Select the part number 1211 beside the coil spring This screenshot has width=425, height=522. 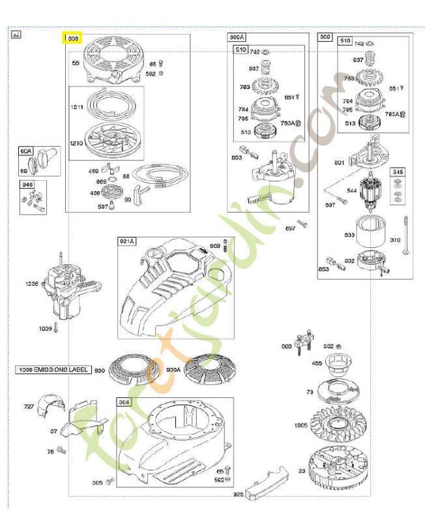click(78, 106)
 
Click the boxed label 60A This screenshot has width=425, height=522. click(26, 151)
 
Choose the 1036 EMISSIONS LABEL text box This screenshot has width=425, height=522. click(51, 369)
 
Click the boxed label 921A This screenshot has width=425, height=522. click(126, 241)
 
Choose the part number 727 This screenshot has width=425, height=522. click(29, 407)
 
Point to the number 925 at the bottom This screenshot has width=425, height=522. click(239, 494)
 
